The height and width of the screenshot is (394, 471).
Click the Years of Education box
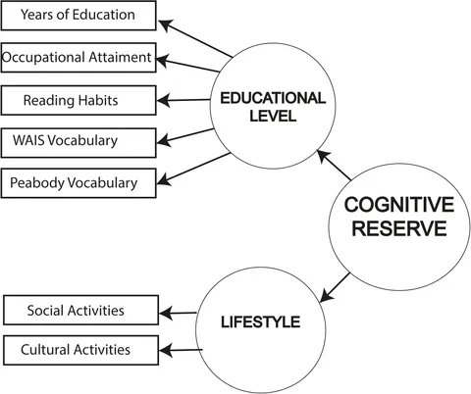pos(78,16)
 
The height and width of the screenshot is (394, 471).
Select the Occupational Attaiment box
pos(78,58)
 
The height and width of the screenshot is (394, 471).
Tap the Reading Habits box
pos(78,100)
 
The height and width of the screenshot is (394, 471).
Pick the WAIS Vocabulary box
pos(78,143)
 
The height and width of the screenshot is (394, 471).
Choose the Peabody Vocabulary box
pos(78,183)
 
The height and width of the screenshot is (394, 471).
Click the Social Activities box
pos(81,310)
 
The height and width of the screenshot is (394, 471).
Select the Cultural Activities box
pos(81,350)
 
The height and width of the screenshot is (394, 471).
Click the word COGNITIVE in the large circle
pos(399,205)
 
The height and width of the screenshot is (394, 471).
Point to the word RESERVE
pos(399,228)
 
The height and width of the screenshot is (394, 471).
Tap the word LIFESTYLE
pos(261,322)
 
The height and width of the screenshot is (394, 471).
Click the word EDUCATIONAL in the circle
pos(273,98)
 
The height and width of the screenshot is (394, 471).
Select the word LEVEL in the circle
pos(273,116)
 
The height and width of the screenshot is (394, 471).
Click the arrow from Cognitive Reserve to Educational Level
pos(334,165)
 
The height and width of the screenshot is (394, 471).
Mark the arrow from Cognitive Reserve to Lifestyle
pos(335,287)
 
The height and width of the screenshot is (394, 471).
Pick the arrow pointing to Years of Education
pos(195,38)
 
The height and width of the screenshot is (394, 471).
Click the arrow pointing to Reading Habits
pos(183,100)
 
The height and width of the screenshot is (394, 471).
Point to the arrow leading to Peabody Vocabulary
pos(193,169)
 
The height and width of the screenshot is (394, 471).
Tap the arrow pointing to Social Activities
pos(178,313)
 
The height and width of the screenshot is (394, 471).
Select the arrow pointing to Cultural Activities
pos(181,350)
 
